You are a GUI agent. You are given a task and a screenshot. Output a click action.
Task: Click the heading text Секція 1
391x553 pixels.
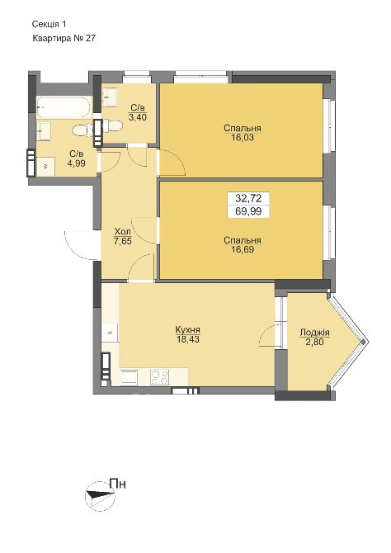click(x=49, y=24)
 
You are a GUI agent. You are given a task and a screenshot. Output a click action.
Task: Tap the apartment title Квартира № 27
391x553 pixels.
click(x=64, y=39)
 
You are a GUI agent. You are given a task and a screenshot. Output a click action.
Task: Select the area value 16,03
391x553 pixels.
click(x=243, y=137)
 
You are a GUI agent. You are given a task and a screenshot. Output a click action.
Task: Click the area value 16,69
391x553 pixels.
click(x=243, y=250)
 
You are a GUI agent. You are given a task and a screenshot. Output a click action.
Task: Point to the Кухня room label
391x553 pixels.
click(x=188, y=330)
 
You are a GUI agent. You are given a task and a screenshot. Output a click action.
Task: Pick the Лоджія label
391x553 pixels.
click(x=314, y=333)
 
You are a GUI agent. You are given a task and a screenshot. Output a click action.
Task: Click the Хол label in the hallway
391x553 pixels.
click(x=123, y=232)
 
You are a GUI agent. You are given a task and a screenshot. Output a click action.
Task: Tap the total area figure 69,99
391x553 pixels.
click(x=248, y=211)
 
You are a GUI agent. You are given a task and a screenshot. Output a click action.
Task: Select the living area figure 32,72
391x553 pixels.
click(x=248, y=199)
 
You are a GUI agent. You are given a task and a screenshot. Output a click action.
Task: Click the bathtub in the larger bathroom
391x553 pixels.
click(x=64, y=106)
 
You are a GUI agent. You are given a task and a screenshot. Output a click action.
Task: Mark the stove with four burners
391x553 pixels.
click(x=160, y=376)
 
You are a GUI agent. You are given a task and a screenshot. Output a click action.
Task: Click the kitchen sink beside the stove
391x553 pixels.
click(x=129, y=376)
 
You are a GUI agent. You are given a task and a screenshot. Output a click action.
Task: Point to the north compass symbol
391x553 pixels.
click(x=101, y=496)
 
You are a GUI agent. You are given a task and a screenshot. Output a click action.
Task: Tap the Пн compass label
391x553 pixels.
click(x=118, y=484)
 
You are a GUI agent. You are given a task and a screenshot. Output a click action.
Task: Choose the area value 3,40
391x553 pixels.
click(x=137, y=117)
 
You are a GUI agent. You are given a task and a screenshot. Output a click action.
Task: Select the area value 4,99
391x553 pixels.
click(x=77, y=163)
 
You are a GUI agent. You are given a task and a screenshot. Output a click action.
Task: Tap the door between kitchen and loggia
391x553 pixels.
click(x=267, y=336)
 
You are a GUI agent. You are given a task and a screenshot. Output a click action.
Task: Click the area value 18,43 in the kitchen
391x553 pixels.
click(x=188, y=339)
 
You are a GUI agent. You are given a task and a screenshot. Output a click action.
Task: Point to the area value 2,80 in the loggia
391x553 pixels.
click(x=314, y=342)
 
